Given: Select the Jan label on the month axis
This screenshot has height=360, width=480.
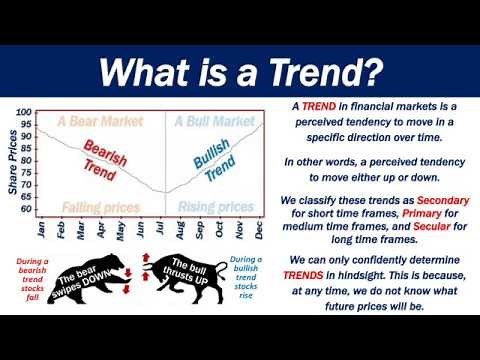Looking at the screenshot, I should pos(41,229).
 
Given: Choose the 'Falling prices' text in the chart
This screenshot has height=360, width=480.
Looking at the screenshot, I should pos(100,207).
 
